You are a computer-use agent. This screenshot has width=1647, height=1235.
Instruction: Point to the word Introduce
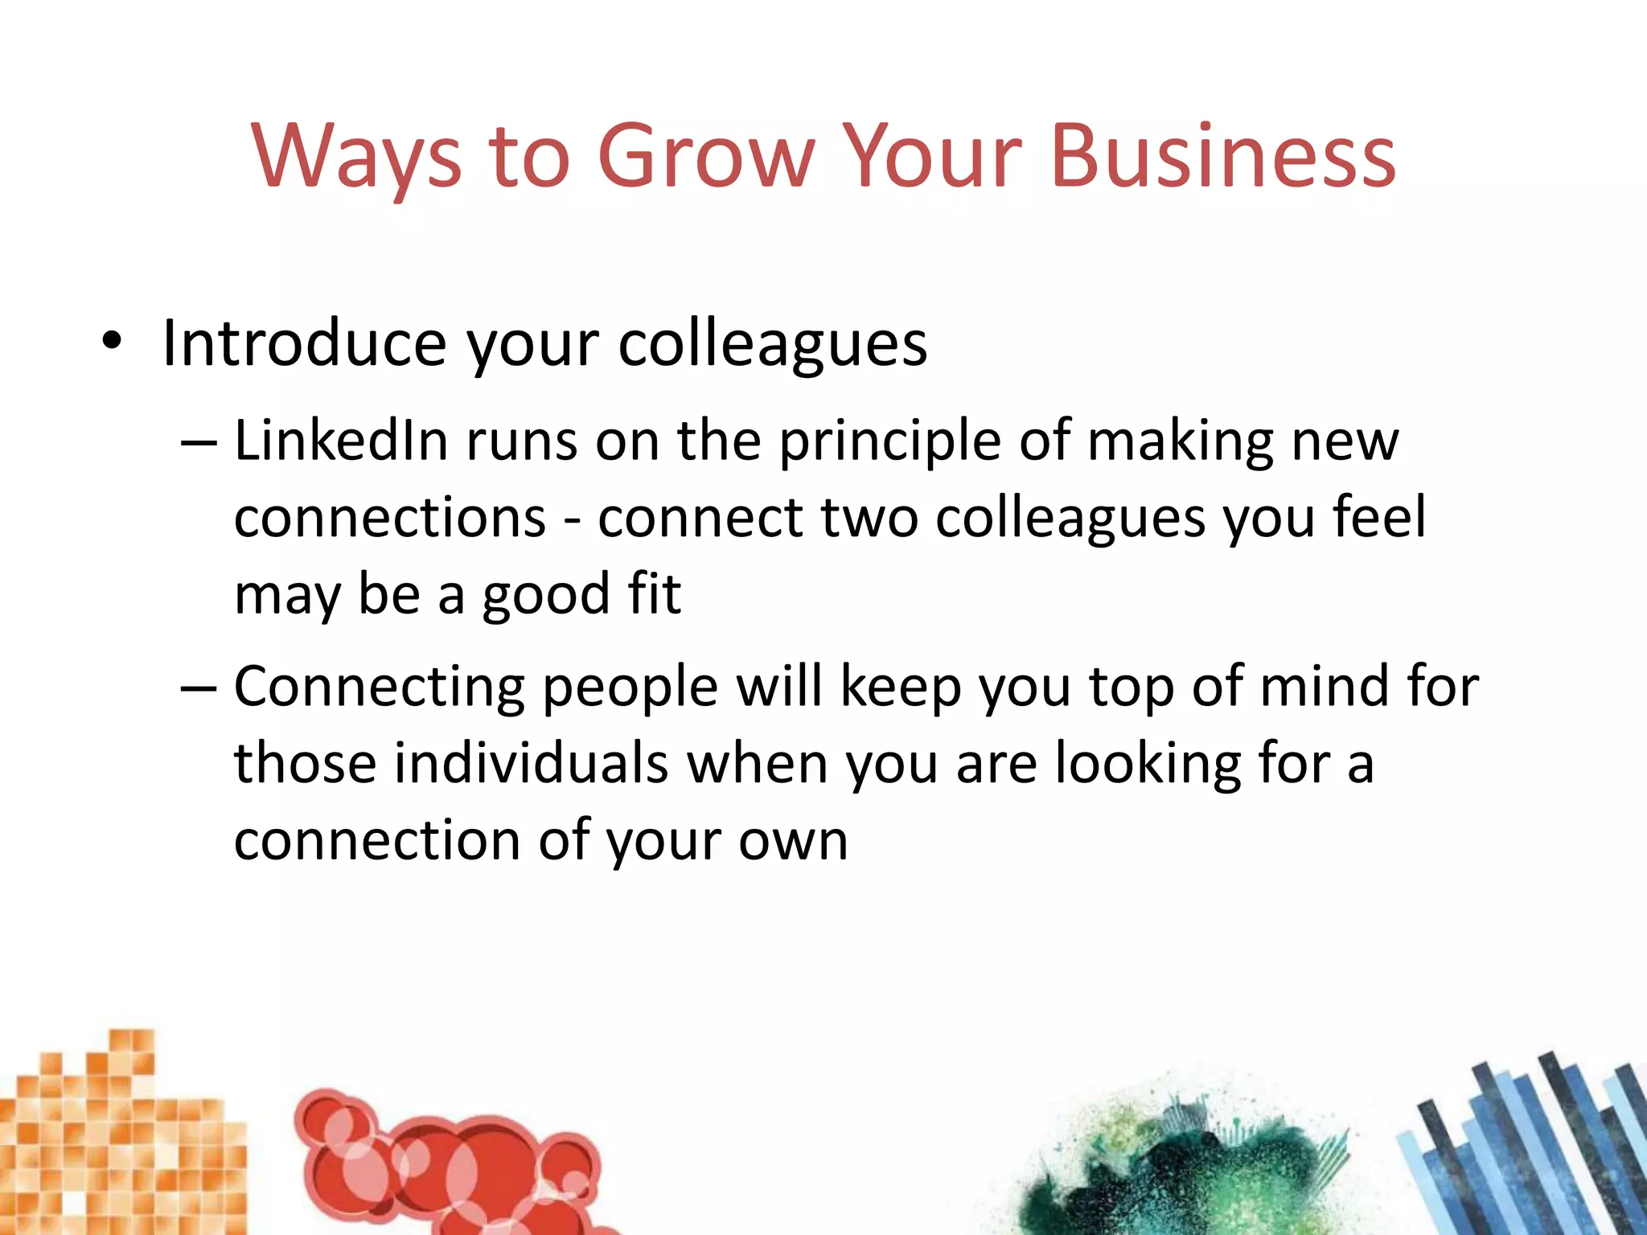coord(303,343)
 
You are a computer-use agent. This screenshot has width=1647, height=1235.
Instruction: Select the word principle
coord(889,444)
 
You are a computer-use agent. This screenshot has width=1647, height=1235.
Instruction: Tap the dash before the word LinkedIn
coord(199,443)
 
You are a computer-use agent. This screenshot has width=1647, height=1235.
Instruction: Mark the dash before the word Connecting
coord(199,688)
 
